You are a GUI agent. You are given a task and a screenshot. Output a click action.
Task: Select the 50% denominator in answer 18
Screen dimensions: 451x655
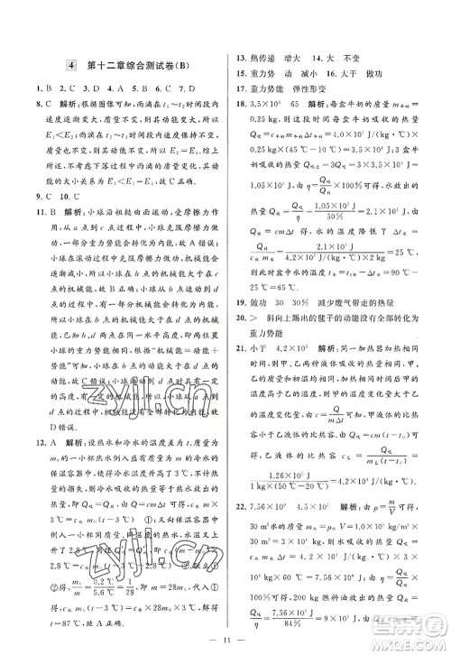point(342,214)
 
